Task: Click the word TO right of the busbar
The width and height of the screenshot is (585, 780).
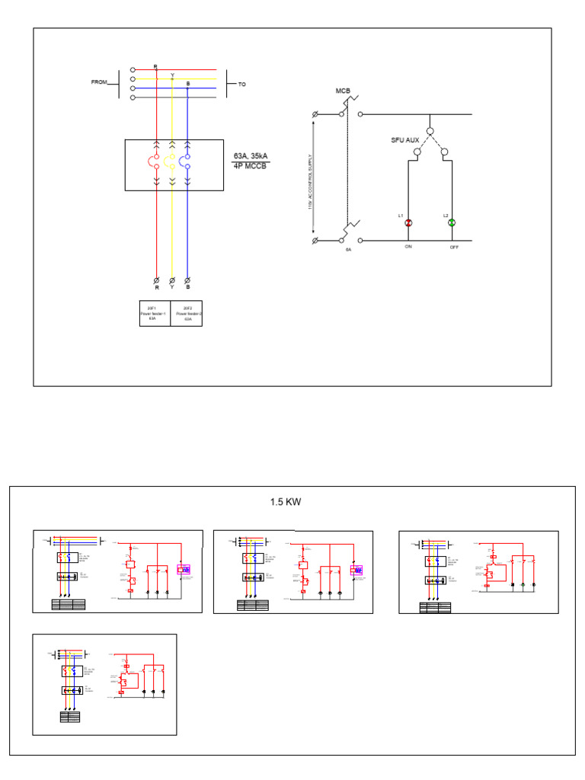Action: tap(242, 85)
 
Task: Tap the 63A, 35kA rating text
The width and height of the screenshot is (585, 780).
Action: tap(251, 156)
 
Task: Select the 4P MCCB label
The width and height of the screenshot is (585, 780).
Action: tap(251, 166)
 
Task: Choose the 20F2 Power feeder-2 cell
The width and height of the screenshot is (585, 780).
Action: tap(187, 314)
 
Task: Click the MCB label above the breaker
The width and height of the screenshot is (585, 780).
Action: tap(343, 91)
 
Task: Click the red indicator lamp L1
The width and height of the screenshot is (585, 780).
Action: tap(408, 222)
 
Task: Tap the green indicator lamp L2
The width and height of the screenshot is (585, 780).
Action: tap(451, 222)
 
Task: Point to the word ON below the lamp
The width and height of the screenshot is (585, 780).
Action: tap(408, 247)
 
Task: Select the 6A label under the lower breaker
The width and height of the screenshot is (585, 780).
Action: tap(349, 249)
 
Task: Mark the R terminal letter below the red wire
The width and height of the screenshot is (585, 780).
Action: tap(157, 289)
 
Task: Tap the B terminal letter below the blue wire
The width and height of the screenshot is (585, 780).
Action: tap(187, 289)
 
